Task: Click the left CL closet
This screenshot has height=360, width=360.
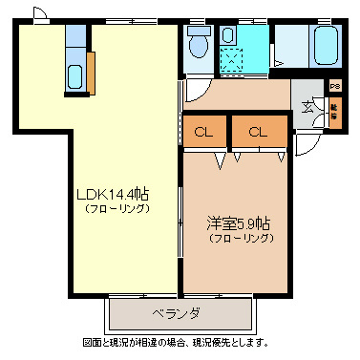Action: (204, 132)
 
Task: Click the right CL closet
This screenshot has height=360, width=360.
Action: (258, 132)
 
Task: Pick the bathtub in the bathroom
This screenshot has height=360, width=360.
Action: (325, 44)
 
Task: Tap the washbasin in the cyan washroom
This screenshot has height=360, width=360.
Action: (228, 35)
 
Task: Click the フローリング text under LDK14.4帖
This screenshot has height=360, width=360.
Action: (114, 208)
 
